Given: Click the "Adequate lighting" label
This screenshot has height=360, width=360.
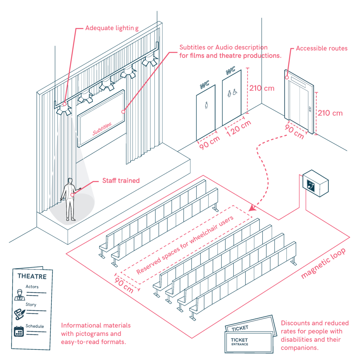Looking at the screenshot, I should (112, 27).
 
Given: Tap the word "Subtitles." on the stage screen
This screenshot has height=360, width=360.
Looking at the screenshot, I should (102, 129).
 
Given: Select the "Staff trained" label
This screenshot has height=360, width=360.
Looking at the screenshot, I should (121, 181).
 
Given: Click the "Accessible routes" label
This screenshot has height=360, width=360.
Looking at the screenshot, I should (321, 48).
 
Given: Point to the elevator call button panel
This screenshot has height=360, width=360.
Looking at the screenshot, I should (310, 109).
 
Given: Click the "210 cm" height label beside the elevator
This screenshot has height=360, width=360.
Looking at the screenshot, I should (330, 113).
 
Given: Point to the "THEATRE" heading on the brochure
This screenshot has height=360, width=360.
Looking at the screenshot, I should (32, 276).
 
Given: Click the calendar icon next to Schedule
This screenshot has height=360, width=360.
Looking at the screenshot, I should (18, 331).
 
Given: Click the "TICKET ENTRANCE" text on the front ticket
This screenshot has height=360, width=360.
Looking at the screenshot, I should (239, 342).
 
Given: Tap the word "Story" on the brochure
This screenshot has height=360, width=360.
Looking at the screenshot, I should (31, 305).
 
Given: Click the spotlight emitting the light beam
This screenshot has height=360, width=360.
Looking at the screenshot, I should (64, 109).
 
